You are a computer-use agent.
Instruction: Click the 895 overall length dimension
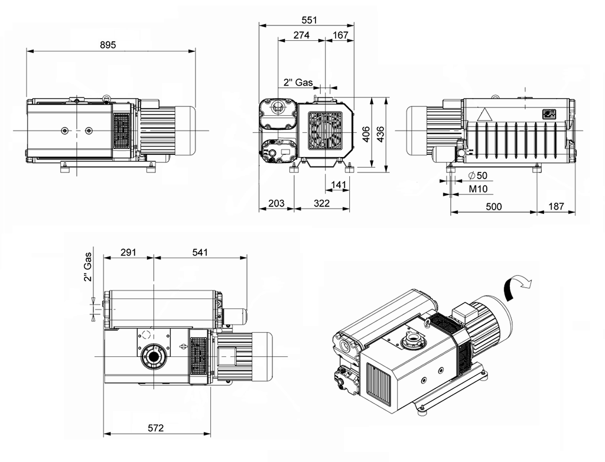point(108,45)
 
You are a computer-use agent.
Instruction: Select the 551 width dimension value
point(309,20)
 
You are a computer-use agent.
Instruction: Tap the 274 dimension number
point(301,35)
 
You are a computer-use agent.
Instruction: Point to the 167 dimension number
point(340,35)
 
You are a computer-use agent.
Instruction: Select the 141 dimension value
point(339,185)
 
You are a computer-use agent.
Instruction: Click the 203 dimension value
point(276,203)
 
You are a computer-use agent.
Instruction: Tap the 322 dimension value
point(321,203)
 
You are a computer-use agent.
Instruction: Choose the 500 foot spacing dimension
point(493,206)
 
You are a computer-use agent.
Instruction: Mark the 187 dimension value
point(557,206)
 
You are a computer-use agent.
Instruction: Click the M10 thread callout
point(478,189)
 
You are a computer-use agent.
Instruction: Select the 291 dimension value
point(128,252)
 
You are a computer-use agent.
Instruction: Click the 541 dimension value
point(200,252)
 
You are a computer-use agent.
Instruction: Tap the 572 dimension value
point(155,428)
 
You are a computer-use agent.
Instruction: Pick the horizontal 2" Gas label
point(298,83)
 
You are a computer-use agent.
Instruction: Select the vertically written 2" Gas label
point(87,268)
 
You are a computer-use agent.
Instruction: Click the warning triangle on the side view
point(484,115)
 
